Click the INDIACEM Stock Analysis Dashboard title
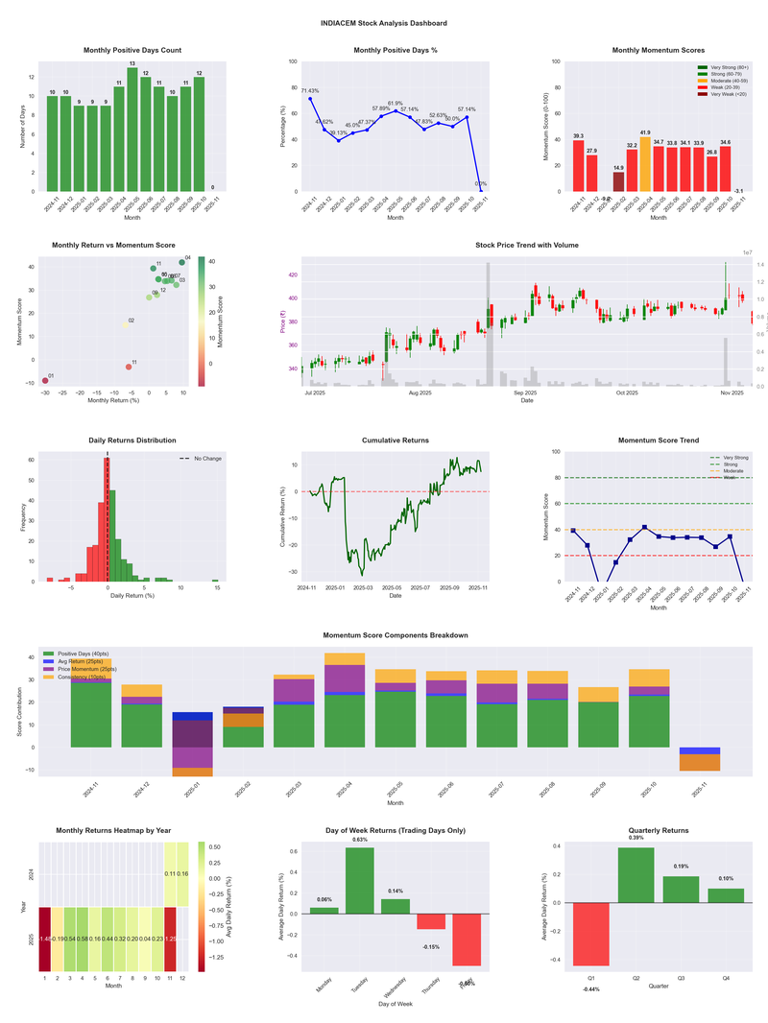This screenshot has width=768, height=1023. tap(384, 22)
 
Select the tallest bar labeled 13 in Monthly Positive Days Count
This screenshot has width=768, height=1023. tap(132, 130)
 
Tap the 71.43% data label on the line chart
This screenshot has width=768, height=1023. tap(309, 91)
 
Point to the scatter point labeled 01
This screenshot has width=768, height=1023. tap(45, 381)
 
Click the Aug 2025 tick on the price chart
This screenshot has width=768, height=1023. tap(420, 393)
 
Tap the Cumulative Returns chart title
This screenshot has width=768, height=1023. tap(396, 440)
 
